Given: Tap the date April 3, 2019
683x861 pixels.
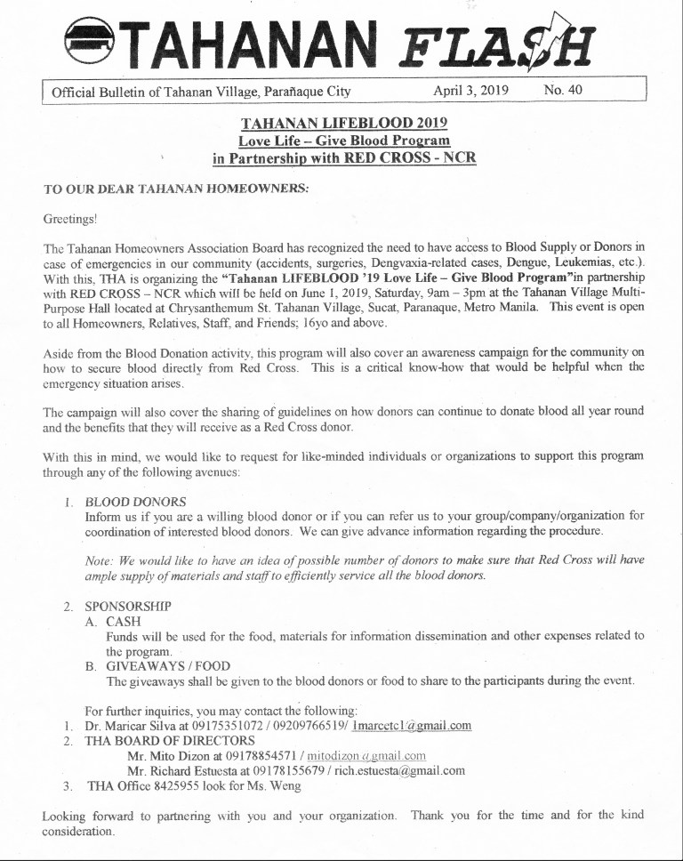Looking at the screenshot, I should (x=470, y=91).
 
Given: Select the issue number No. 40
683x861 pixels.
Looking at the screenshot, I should (x=562, y=91).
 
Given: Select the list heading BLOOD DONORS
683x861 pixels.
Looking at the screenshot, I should (x=135, y=502).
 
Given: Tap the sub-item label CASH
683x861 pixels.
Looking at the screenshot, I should (x=123, y=621).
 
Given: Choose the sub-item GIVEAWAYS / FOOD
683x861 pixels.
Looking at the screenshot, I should (x=168, y=666).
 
